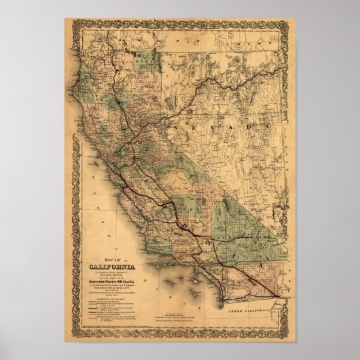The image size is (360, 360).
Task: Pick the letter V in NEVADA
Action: pyautogui.click(x=223, y=126)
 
